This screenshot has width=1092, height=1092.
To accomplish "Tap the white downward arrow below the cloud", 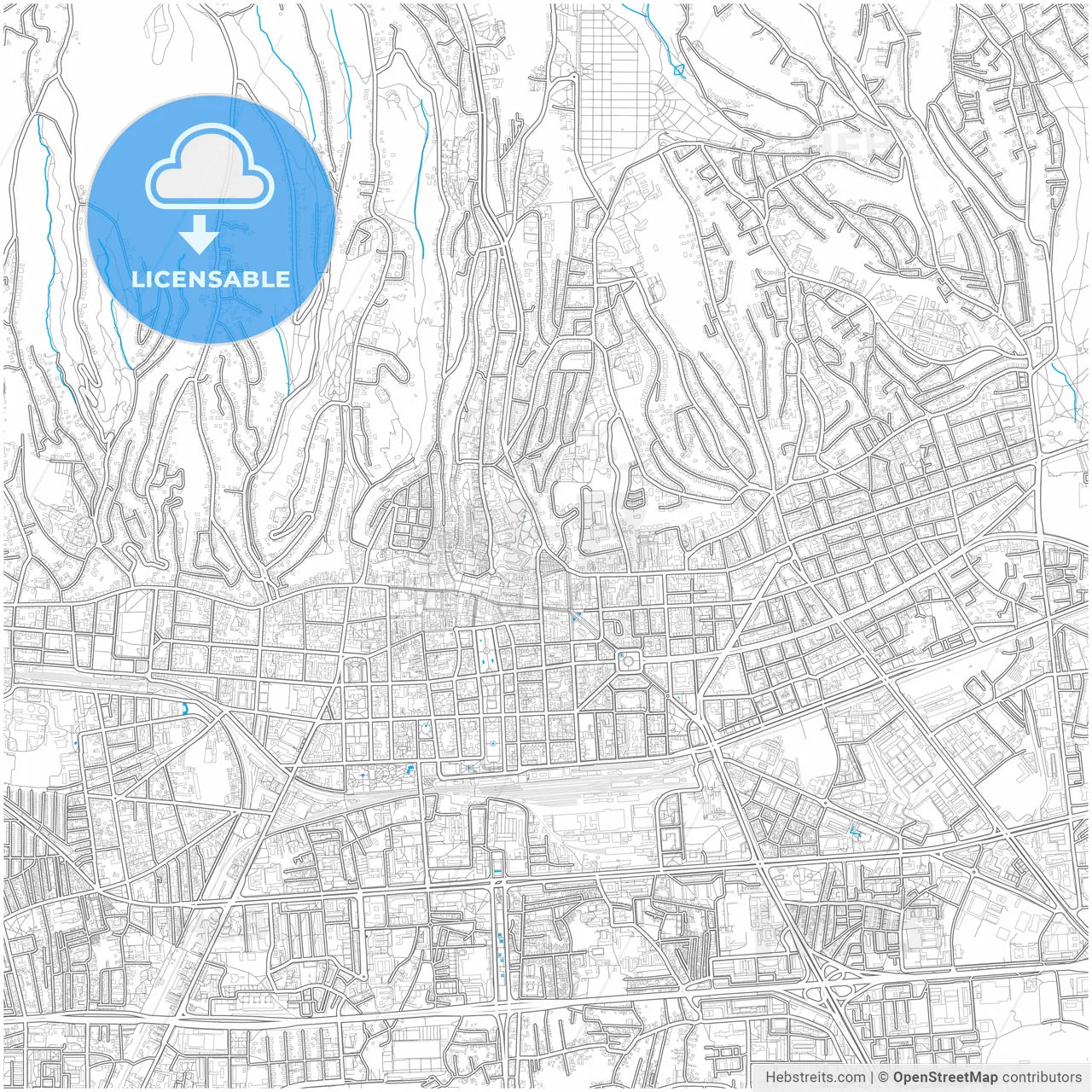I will point(199,235).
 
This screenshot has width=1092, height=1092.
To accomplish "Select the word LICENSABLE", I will point(210,280).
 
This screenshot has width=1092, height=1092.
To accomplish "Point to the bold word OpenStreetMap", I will point(945,1077).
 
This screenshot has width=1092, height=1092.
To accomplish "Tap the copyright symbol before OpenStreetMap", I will point(884,1077).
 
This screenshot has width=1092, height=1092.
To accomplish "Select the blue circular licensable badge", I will point(210,218).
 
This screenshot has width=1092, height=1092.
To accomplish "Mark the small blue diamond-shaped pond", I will point(679,71).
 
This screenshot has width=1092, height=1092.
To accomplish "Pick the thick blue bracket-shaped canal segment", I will point(185,707).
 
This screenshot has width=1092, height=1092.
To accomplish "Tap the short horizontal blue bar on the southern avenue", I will point(497,870).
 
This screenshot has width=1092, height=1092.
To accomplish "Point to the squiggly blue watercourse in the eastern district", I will point(856,830).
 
